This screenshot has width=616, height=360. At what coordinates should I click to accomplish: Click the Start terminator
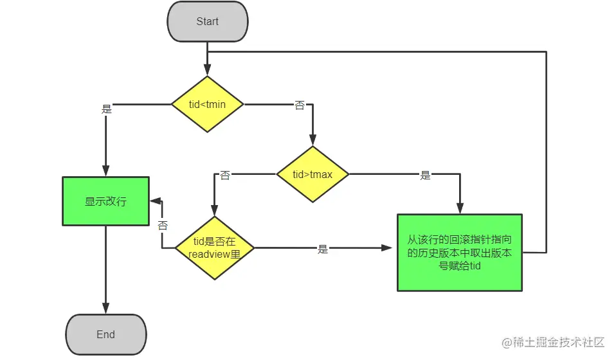[x=207, y=22]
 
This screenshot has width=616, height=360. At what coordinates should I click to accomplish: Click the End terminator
[x=105, y=334]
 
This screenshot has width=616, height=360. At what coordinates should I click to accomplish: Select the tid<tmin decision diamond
[x=208, y=104]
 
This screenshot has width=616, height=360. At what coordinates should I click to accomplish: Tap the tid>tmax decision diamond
[x=313, y=174]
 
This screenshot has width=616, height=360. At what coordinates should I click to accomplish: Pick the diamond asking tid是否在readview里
[x=214, y=248]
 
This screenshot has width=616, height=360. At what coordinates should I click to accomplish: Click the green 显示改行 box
[x=105, y=201]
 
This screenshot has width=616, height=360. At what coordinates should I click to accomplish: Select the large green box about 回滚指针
[x=459, y=253]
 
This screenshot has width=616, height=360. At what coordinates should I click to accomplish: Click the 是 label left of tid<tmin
[x=107, y=109]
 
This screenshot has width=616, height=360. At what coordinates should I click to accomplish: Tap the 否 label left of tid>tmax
[x=225, y=175]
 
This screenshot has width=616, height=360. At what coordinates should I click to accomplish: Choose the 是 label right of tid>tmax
[x=425, y=175]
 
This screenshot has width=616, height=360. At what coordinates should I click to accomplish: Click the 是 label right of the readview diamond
[x=323, y=249]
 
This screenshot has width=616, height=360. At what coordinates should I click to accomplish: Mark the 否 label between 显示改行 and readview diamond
[x=163, y=226]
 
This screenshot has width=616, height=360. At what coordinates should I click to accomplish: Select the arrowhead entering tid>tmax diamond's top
[x=313, y=141]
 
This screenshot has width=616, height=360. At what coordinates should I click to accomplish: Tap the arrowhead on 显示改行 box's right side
[x=155, y=201]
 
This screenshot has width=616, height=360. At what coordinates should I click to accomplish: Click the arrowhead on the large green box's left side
[x=392, y=248]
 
